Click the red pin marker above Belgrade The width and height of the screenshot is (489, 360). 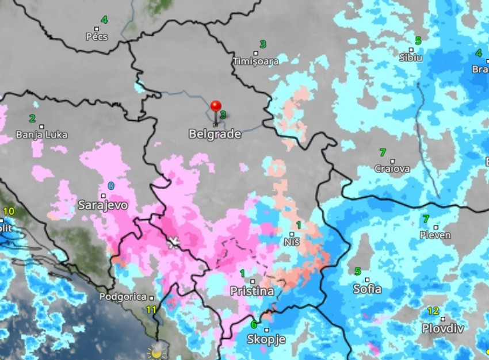click(216, 107)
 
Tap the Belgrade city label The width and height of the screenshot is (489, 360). click(215, 134)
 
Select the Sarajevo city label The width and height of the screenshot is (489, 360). click(102, 205)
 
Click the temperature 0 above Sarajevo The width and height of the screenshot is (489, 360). click(111, 186)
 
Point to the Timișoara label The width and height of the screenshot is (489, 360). click(256, 61)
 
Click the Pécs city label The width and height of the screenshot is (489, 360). click(97, 36)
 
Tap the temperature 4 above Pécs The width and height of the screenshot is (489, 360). click(104, 20)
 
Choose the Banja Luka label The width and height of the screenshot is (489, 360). click(41, 135)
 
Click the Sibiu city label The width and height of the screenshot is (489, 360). click(411, 58)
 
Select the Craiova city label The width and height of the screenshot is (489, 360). click(392, 169)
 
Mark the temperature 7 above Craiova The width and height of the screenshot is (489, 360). click(383, 152)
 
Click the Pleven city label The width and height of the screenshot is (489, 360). click(435, 235)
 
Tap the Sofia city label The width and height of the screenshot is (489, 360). click(367, 289)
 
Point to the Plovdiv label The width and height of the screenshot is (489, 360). click(442, 328)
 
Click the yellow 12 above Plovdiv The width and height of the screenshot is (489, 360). click(433, 311)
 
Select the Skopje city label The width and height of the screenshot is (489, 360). click(266, 339)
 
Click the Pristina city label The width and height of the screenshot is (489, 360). click(252, 291)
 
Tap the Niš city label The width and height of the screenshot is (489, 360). click(292, 243)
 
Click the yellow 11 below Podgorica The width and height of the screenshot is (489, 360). click(151, 310)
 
